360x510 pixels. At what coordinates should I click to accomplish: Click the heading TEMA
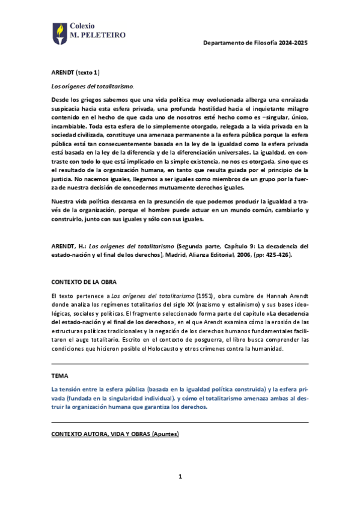(x=60, y=375)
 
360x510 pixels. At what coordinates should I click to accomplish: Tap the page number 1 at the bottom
(x=180, y=477)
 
